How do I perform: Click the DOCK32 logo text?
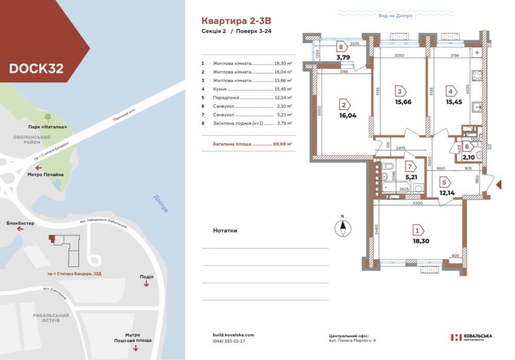click(36, 68)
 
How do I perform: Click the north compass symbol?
click(342, 227)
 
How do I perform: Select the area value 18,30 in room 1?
click(420, 241)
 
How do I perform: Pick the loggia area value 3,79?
click(343, 57)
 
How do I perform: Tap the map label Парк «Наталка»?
click(48, 127)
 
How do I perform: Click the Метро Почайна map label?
click(46, 175)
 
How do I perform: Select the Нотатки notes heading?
click(225, 231)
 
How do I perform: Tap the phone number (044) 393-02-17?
click(229, 341)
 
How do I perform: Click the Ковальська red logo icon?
click(456, 337)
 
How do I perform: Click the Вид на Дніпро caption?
click(396, 16)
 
